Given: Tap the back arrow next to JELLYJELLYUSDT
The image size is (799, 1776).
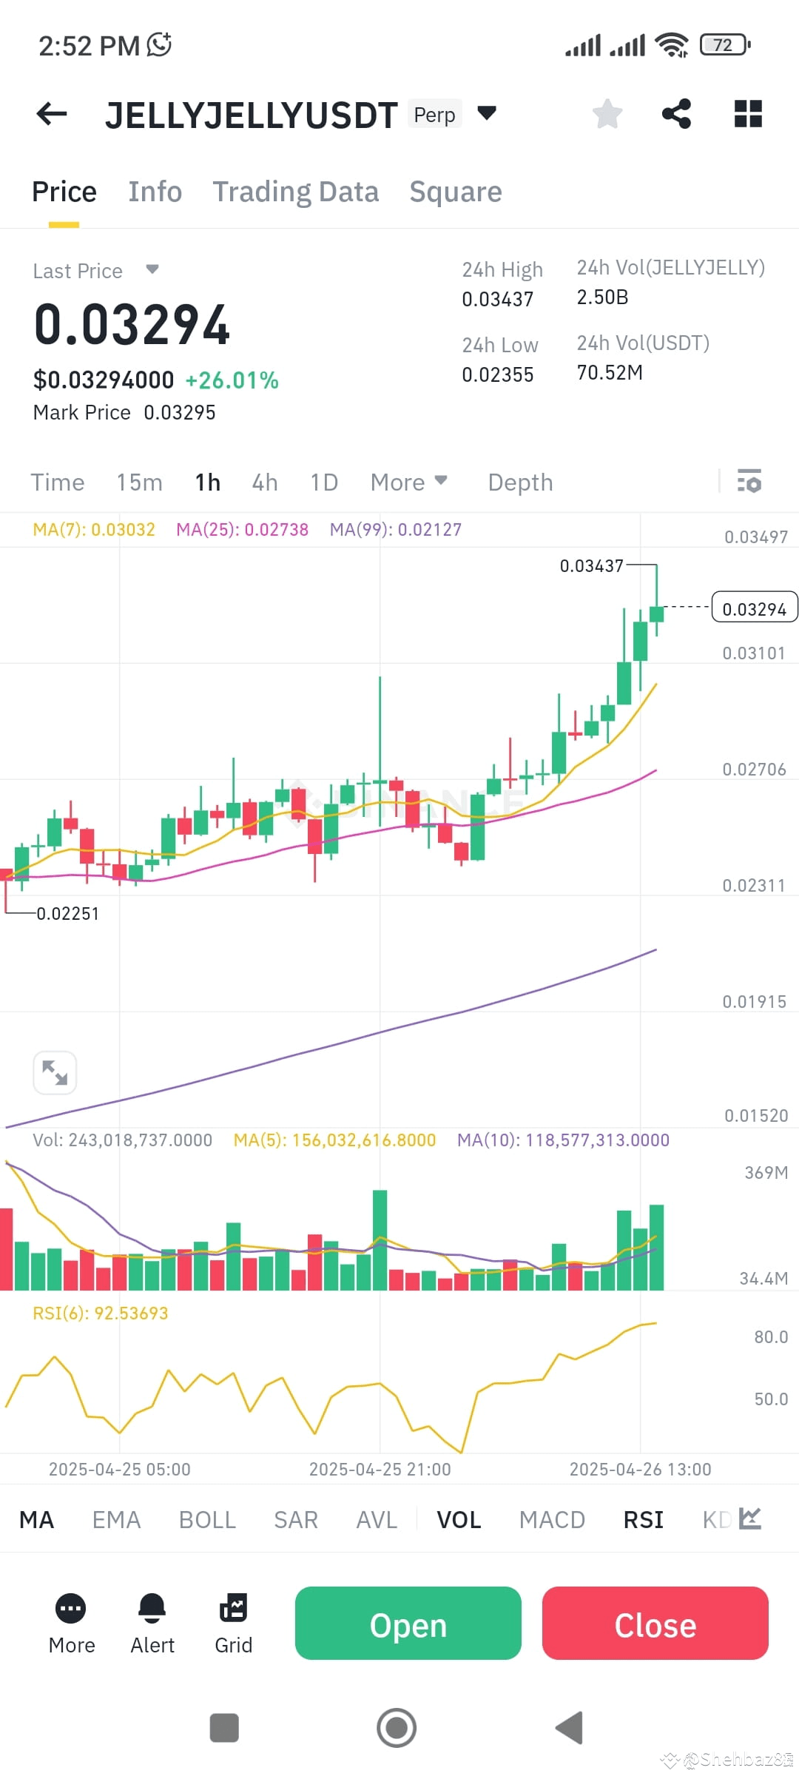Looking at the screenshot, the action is [52, 114].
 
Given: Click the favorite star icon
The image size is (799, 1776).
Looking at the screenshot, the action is [607, 114].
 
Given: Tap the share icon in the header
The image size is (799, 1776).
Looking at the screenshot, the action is [676, 114].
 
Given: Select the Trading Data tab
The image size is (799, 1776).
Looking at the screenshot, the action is [296, 192].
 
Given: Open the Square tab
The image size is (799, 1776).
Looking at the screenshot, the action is [456, 192].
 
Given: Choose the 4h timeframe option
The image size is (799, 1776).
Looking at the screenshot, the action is [265, 482].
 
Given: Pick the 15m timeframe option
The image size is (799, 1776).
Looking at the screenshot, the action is [139, 482].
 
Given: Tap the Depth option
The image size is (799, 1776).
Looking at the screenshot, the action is [520, 482].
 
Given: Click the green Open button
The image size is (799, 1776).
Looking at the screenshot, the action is [408, 1626].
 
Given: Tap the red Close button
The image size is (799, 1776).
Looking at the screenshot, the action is [655, 1626].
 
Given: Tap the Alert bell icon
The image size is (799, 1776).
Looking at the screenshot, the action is [152, 1609].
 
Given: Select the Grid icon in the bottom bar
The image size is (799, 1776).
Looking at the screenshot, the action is [234, 1609].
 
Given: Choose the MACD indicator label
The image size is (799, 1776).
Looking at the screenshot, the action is [552, 1519].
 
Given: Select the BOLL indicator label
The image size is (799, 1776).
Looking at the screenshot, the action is [207, 1519].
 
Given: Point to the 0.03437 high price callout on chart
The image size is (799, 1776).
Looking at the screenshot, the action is [592, 566].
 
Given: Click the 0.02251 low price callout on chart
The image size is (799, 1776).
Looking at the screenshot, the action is [68, 914].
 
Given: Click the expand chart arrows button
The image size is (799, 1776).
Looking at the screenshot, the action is [55, 1072].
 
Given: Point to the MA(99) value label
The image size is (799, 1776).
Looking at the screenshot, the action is [396, 530].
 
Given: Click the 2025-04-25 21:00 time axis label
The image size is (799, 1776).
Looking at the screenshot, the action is [380, 1470].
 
